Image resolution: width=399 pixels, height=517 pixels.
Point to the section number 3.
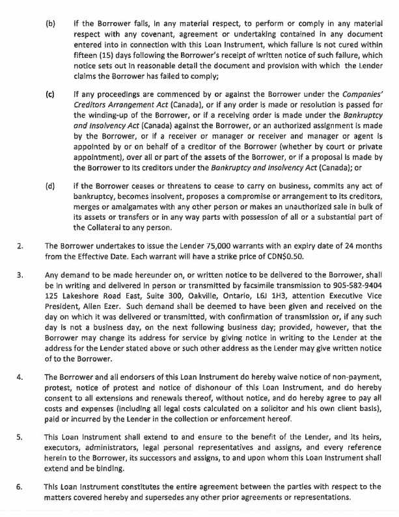(x=20, y=274)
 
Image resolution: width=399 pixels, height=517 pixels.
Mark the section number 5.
(x=20, y=438)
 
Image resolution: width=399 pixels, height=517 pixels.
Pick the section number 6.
(x=20, y=486)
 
